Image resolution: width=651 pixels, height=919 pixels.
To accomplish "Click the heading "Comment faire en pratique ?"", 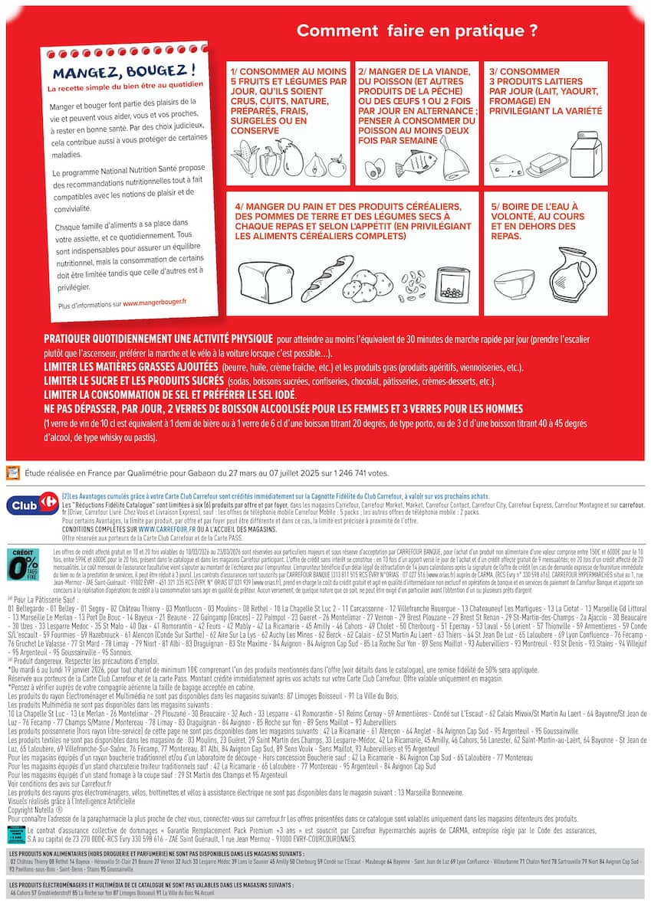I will click(416, 31).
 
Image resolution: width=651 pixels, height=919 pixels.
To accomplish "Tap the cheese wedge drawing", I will click(507, 165).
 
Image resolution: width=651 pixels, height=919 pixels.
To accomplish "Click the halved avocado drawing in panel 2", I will click(374, 168).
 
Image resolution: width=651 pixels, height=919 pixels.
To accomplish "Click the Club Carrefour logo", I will click(32, 505).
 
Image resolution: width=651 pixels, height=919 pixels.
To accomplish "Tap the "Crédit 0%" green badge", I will click(22, 565).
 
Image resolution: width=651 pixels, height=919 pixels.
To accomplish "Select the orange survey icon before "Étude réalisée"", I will click(13, 473).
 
